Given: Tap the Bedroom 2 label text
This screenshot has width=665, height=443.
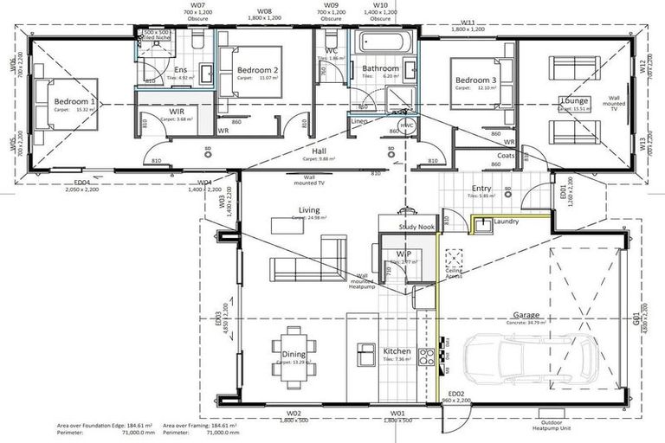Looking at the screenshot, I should pos(257,70).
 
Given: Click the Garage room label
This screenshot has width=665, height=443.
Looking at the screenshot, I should pos(526,316).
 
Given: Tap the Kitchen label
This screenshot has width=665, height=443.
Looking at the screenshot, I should pos(397,351).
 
